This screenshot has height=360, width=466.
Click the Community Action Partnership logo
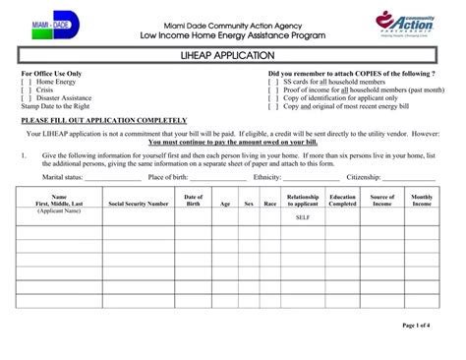tap(405, 26)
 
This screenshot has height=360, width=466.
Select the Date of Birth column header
tap(194, 201)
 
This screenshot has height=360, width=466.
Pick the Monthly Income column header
tap(422, 201)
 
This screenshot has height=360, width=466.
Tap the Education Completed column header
tap(343, 201)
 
